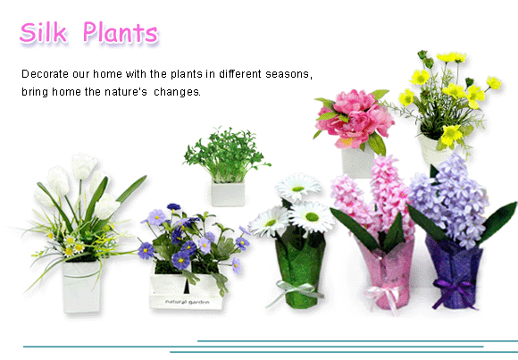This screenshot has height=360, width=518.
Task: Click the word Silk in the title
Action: click(43, 32)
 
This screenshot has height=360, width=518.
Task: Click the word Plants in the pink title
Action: click(121, 32)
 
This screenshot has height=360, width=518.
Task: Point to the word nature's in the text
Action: click(126, 92)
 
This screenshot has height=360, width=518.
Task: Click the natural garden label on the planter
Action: click(187, 302)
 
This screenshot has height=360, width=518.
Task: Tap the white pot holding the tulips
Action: click(81, 286)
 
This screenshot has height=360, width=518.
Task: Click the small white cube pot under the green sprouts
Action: click(228, 193)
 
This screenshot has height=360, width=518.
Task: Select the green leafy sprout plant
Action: click(227, 155)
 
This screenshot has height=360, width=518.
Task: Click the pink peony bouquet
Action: click(355, 119)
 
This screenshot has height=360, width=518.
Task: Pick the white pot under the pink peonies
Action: click(357, 163)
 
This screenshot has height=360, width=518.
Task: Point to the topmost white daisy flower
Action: click(298, 187)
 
